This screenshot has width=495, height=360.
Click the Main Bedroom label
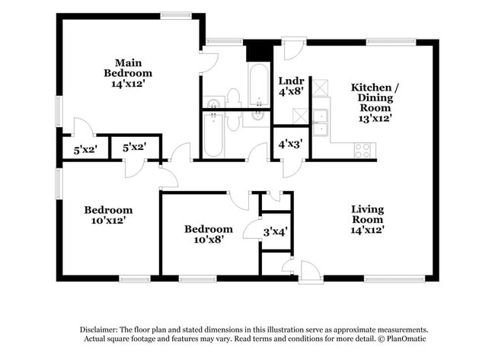pyautogui.click(x=128, y=73)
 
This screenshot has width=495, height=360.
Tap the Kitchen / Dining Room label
pyautogui.click(x=375, y=103)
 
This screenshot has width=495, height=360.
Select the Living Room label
pyautogui.click(x=367, y=219)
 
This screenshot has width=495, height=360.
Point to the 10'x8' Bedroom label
pyautogui.click(x=208, y=234)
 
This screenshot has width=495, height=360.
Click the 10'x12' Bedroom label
pyautogui.click(x=108, y=215)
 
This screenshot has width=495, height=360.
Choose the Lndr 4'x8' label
pyautogui.click(x=290, y=86)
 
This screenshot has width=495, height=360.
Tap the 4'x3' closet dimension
pyautogui.click(x=289, y=143)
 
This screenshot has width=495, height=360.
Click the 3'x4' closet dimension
pyautogui.click(x=275, y=231)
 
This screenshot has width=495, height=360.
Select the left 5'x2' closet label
pyautogui.click(x=86, y=150)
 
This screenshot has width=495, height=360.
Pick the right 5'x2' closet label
pyautogui.click(x=135, y=147)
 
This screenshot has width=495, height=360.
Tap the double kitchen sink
pyautogui.click(x=321, y=117)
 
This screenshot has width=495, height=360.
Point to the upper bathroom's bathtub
pyautogui.click(x=258, y=85)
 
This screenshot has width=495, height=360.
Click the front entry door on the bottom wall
pyautogui.click(x=309, y=272)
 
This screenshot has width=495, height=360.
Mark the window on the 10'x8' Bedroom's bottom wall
pyautogui.click(x=196, y=279)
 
